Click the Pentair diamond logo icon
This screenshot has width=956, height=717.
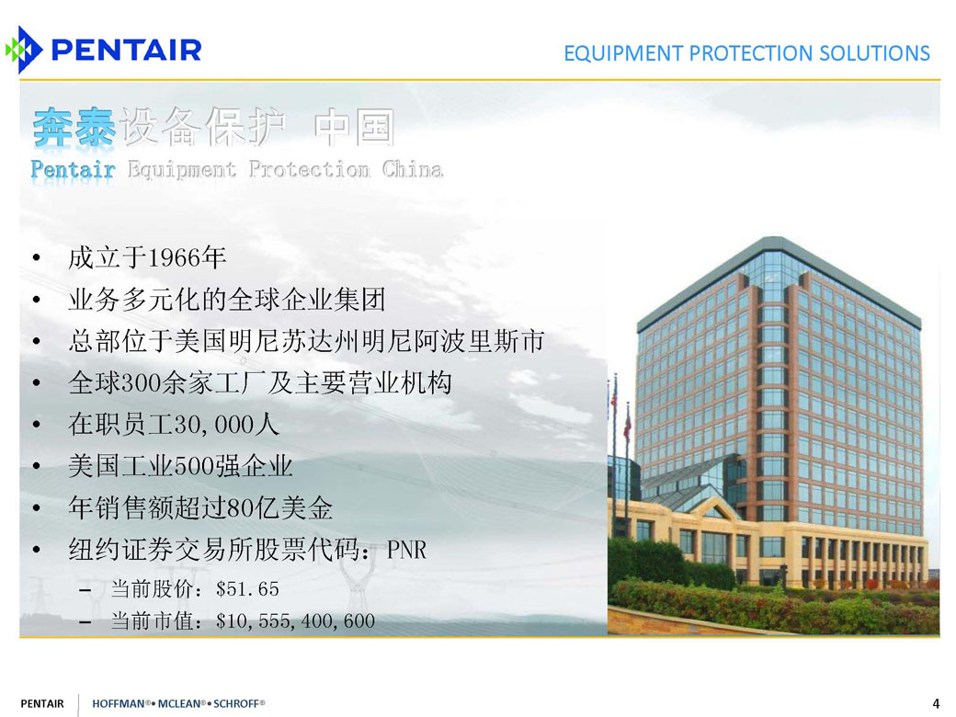point(24,50)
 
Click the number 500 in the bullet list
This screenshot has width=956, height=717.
point(195,466)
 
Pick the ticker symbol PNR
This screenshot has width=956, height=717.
point(406,550)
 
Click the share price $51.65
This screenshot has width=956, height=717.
point(247,589)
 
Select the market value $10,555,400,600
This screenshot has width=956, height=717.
point(295,621)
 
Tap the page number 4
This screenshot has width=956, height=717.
point(936,703)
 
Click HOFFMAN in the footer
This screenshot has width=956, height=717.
point(119,703)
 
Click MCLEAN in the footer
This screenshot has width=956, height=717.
point(179,703)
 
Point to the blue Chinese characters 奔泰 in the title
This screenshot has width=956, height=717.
point(74,128)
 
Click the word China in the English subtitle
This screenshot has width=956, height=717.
point(413,169)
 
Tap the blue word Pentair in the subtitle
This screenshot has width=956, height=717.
point(73,169)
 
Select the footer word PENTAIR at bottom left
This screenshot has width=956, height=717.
point(42,703)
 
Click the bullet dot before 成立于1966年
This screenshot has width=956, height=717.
point(37,258)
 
